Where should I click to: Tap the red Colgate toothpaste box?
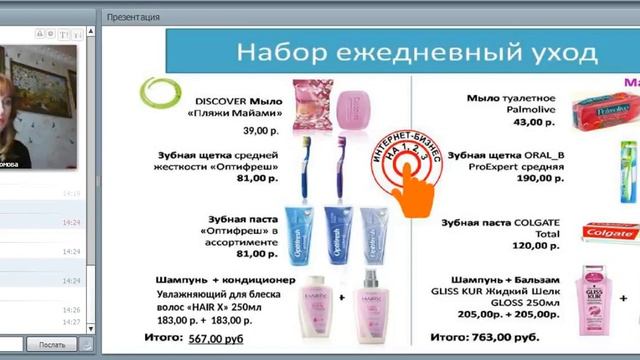[611, 232]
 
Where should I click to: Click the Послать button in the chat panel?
[51, 345]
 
